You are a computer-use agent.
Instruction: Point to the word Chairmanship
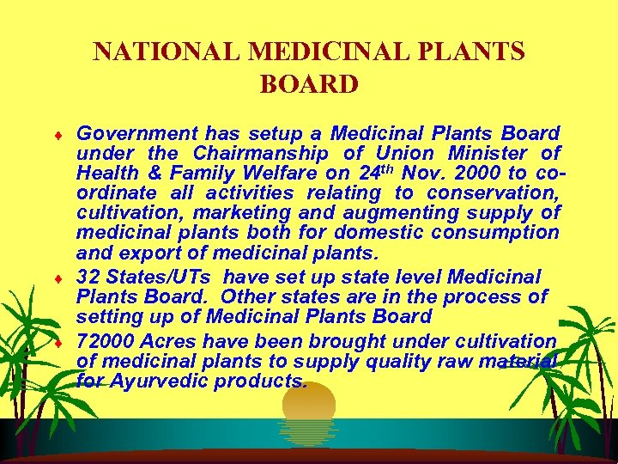[261, 154]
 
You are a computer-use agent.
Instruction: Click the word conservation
[493, 192]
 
